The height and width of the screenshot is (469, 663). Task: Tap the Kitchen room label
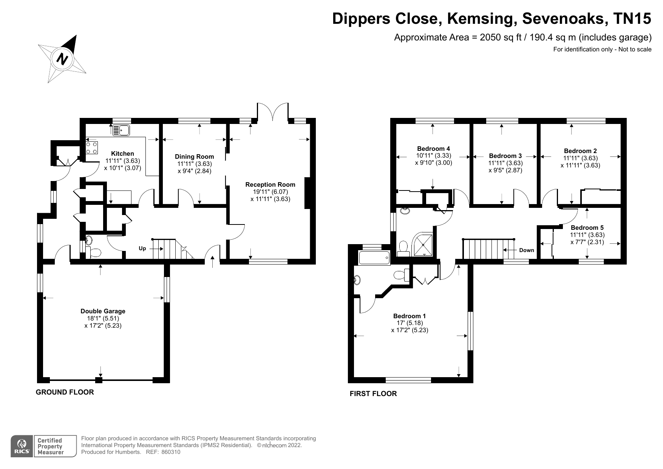(x=122, y=153)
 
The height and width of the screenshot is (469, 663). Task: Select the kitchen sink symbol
(x=121, y=130)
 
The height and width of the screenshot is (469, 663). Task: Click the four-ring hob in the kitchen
(x=92, y=147)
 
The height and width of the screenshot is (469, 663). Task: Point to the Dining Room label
(x=194, y=156)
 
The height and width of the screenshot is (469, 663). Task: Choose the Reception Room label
(x=270, y=184)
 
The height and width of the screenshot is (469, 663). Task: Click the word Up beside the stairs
(x=142, y=249)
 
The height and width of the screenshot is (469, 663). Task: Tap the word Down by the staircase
(x=527, y=250)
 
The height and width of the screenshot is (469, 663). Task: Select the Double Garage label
(x=103, y=311)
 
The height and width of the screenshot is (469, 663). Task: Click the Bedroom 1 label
(x=410, y=316)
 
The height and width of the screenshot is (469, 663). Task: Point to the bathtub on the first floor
(x=374, y=258)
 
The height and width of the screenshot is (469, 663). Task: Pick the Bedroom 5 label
(x=587, y=228)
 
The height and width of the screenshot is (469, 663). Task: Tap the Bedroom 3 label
(x=505, y=156)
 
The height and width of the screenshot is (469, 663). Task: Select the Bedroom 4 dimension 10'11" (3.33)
(x=433, y=156)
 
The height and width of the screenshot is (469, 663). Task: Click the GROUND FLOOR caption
(x=65, y=392)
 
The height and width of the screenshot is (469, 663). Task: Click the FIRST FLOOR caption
(x=373, y=393)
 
